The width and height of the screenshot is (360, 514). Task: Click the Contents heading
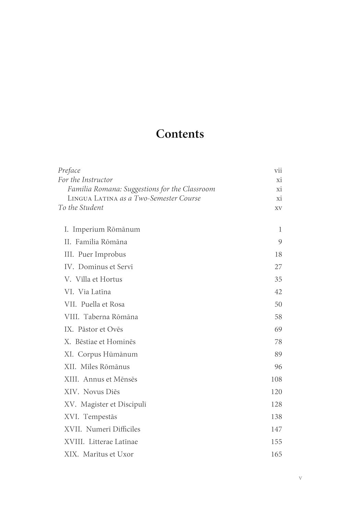(180, 134)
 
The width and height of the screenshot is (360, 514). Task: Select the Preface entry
(69, 170)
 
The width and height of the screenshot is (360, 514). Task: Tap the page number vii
(278, 170)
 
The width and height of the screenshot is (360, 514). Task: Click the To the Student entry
(81, 207)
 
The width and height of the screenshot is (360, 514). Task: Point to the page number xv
(278, 208)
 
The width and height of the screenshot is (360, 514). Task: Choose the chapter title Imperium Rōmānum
(106, 229)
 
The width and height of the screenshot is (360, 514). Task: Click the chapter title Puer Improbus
(102, 254)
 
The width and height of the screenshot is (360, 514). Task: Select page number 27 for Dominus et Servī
(278, 267)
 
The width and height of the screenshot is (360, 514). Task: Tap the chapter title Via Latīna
(94, 292)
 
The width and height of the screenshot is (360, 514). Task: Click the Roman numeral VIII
(72, 317)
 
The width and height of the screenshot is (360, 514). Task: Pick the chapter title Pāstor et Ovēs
(100, 329)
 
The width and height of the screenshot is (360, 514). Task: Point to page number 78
(278, 342)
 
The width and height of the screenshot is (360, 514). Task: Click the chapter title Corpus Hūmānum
(108, 354)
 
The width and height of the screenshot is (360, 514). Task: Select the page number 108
(276, 379)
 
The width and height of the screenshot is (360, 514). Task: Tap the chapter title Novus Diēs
(101, 392)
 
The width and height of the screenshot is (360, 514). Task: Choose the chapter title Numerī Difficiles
(113, 429)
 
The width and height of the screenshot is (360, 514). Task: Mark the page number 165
(276, 454)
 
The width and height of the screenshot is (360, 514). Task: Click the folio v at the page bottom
(300, 478)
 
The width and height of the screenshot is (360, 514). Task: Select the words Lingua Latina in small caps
(92, 198)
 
